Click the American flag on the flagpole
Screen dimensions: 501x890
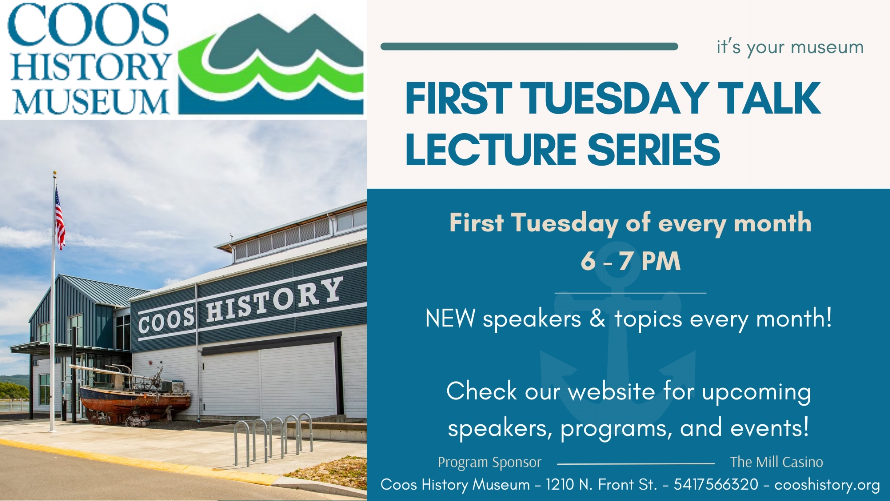[x=60, y=219]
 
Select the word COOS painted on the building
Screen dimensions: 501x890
[x=166, y=320]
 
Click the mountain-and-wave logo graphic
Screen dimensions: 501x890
[x=270, y=65]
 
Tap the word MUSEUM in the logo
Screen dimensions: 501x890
[x=91, y=102]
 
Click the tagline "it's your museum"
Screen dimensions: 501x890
[x=790, y=47]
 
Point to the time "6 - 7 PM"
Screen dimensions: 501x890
[x=631, y=261]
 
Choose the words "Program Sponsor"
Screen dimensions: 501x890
[x=489, y=462]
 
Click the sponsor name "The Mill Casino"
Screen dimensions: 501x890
[x=776, y=462]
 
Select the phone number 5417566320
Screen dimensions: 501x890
[x=716, y=485]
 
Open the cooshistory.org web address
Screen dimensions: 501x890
[x=827, y=485]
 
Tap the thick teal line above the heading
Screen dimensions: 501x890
[x=529, y=47]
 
